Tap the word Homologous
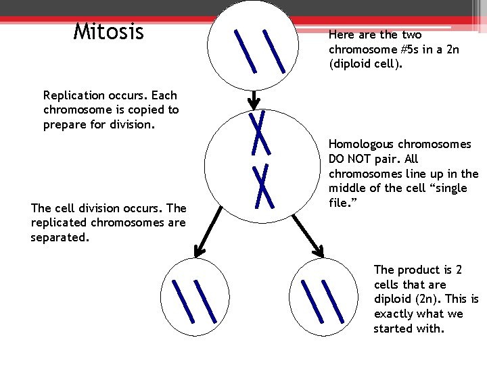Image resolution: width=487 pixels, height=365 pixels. click(x=362, y=144)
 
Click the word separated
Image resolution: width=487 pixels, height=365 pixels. click(x=60, y=238)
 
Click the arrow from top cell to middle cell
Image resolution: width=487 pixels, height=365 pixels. click(x=254, y=100)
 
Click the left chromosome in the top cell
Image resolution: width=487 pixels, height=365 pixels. click(x=244, y=51)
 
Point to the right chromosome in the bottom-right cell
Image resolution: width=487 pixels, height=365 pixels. click(x=331, y=301)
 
